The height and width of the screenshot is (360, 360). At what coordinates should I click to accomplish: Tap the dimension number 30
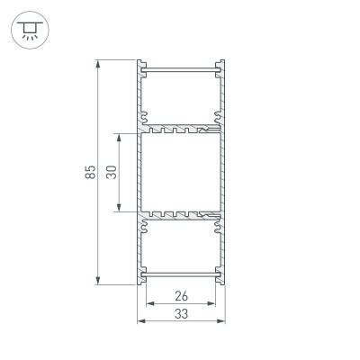pos(111,173)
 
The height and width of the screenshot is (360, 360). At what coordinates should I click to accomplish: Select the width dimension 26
pos(181,296)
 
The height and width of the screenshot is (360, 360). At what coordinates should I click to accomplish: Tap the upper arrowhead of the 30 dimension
pos(119,137)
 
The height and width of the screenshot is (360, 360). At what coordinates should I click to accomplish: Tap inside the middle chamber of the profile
pos(180,173)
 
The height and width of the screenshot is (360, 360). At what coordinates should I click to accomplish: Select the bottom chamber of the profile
pos(180,245)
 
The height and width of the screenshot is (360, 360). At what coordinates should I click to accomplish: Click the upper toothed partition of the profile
pos(180,128)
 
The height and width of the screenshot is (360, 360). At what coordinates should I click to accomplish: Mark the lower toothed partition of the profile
pos(180,216)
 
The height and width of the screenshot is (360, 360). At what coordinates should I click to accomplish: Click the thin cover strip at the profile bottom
pos(180,274)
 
